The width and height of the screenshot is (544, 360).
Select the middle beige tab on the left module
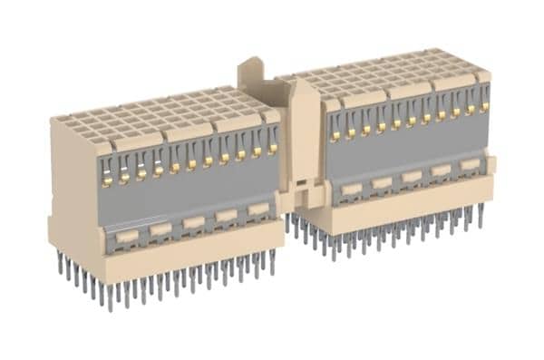[x=193, y=222]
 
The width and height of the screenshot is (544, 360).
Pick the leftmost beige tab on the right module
[x=351, y=189]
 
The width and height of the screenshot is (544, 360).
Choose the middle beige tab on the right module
[x=412, y=176]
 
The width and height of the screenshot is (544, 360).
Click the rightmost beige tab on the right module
[x=470, y=164]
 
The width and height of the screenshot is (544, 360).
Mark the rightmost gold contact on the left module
[x=270, y=150]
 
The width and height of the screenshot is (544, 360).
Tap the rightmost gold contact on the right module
[x=485, y=107]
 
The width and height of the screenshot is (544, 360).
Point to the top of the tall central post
[x=255, y=65]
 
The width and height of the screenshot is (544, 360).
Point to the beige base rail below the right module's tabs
[x=408, y=204]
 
